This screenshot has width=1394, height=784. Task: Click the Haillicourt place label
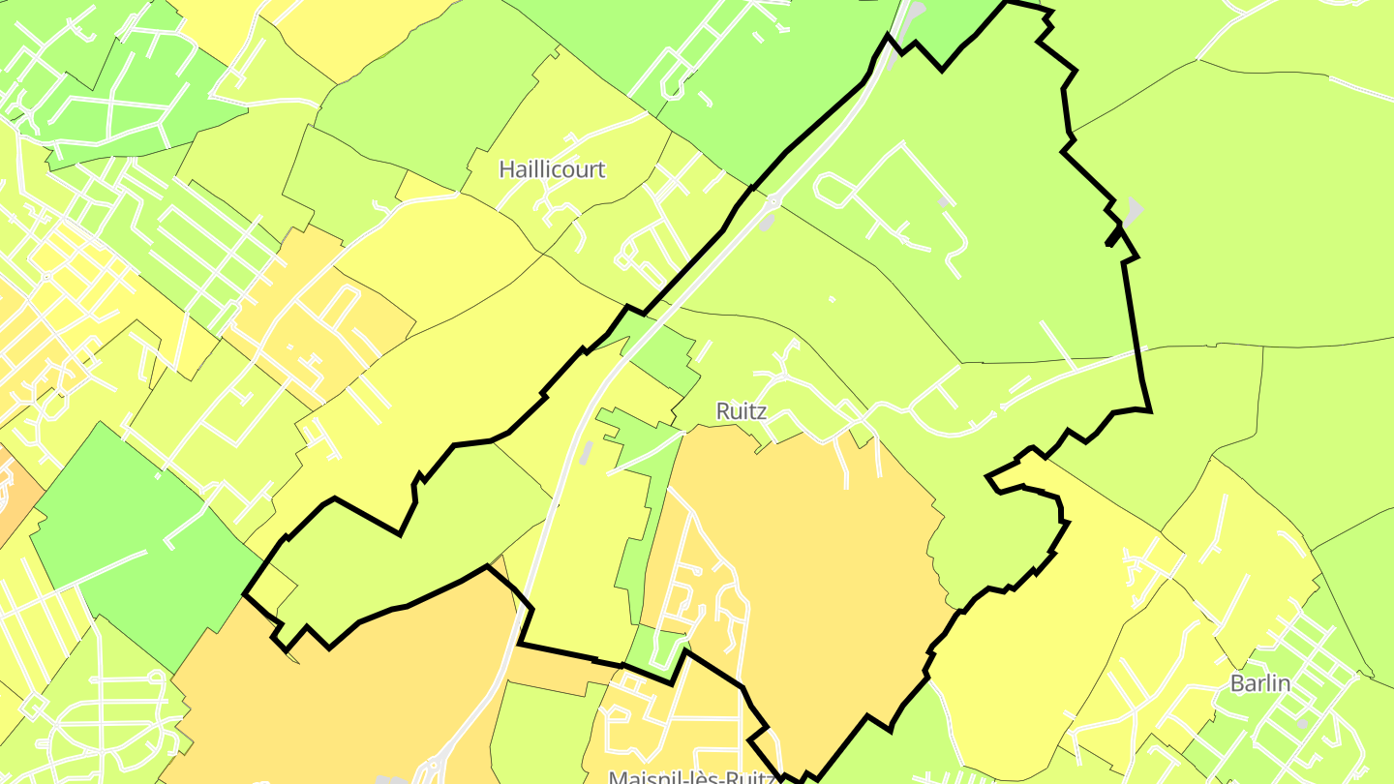click(552, 169)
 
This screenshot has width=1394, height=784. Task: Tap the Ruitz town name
click(742, 411)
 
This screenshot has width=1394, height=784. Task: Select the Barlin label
click(1260, 683)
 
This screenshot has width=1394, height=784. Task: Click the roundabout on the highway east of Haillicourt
click(774, 202)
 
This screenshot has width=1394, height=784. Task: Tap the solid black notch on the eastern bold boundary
click(1113, 235)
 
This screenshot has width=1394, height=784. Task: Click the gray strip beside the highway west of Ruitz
click(585, 453)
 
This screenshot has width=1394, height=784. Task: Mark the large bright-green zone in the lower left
click(136, 542)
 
